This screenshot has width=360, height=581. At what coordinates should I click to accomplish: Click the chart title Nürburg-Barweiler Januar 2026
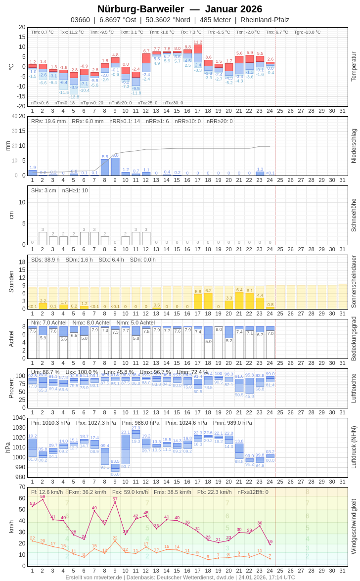[180, 9]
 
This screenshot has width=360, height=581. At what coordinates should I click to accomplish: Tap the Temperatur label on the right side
[354, 67]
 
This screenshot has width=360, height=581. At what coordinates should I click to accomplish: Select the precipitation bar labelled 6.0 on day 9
[115, 167]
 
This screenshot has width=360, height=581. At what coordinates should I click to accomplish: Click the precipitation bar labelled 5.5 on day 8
[105, 168]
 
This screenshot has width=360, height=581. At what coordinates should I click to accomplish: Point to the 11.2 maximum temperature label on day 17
[198, 43]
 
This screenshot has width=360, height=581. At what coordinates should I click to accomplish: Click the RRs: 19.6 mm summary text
[48, 121]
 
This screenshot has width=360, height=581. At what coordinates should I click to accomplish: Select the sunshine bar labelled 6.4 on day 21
[239, 301]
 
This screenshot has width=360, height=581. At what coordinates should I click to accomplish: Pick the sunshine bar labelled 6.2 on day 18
[208, 301]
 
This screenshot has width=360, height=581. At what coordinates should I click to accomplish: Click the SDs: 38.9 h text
[45, 260]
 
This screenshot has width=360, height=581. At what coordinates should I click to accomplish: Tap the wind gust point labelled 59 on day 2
[43, 499]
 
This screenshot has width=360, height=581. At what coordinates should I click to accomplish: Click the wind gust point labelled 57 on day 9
[115, 502]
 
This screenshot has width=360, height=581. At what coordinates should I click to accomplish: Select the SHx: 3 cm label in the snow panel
[44, 190]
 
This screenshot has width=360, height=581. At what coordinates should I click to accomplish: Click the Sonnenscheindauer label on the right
[354, 282]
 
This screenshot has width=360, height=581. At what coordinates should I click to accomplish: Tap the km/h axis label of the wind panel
[11, 527]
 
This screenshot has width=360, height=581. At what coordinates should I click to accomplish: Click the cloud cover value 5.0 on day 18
[208, 341]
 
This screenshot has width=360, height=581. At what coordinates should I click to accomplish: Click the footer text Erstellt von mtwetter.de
[94, 577]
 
